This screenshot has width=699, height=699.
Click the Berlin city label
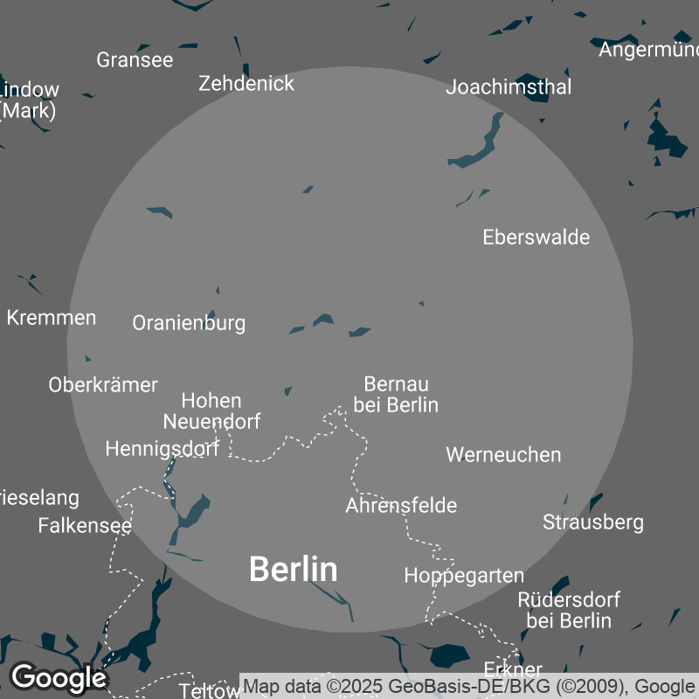click(293, 570)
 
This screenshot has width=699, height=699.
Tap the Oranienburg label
click(189, 323)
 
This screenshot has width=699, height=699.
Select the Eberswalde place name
click(536, 238)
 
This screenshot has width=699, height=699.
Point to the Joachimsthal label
click(509, 87)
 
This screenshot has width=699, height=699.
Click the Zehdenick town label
click(246, 84)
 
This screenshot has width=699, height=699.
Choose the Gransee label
click(135, 60)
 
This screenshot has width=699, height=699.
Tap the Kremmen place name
click(52, 318)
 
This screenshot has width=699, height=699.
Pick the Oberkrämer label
click(103, 385)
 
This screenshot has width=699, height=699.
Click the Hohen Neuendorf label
click(211, 412)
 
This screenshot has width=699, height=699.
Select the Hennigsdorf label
click(162, 449)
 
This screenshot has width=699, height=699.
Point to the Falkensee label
click(85, 526)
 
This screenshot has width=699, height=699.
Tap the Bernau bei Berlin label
click(396, 395)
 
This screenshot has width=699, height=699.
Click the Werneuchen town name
click(503, 455)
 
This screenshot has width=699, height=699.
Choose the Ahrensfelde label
click(401, 506)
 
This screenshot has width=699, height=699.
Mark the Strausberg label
click(593, 523)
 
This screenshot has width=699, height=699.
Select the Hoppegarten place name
click(464, 576)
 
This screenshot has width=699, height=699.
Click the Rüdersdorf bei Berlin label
click(569, 611)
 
